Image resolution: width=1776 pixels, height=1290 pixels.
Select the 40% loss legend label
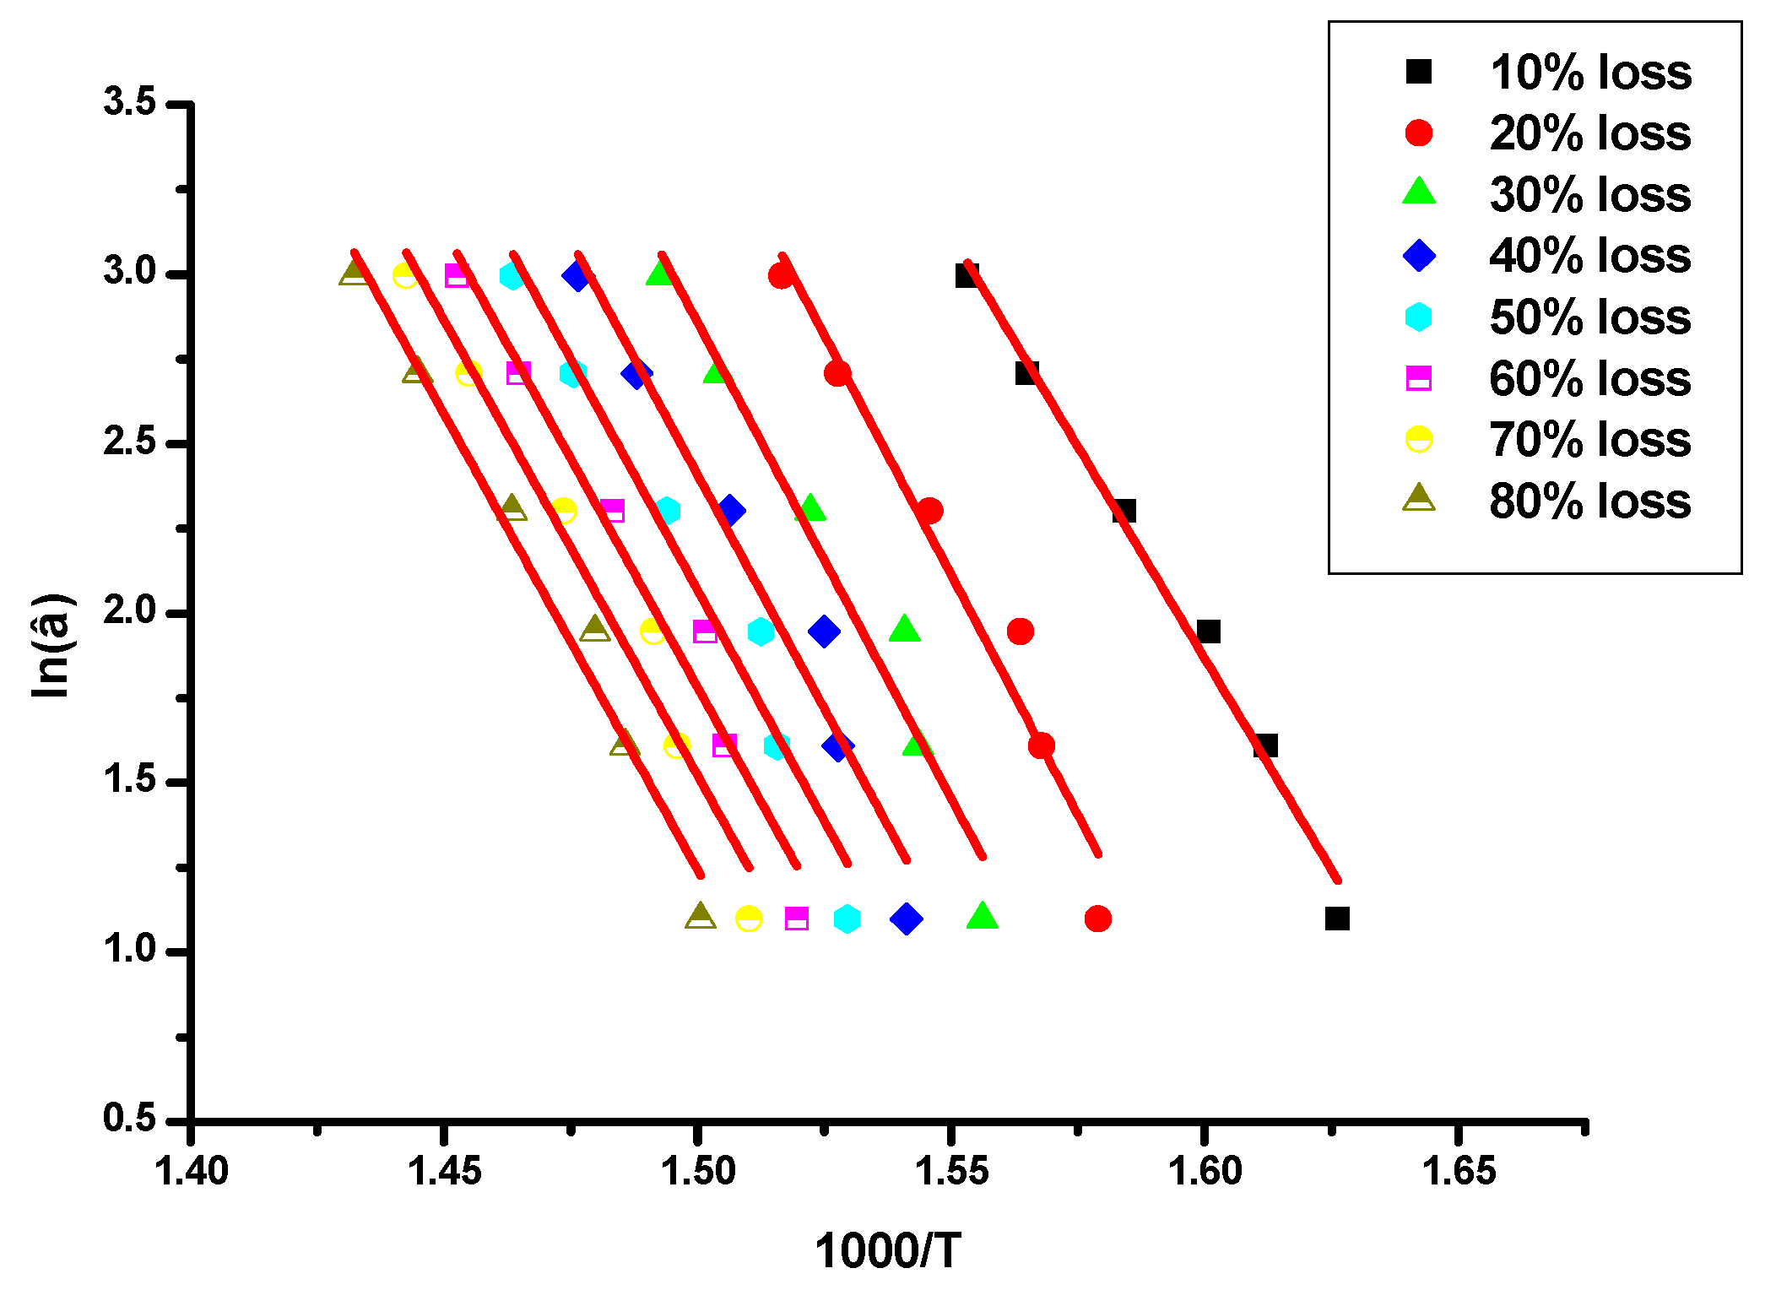1589,255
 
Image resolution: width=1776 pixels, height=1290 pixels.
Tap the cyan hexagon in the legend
1419,317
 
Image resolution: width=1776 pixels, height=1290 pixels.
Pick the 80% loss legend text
1589,501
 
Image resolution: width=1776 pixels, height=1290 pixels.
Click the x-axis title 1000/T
887,1250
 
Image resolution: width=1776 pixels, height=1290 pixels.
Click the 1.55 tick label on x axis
951,1171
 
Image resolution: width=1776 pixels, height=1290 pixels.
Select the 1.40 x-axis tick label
192,1171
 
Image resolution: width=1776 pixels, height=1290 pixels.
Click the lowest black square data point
1337,918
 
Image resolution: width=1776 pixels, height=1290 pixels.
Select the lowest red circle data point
1097,918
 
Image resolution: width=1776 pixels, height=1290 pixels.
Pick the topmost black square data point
967,275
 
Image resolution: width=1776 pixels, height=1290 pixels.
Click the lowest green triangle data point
982,916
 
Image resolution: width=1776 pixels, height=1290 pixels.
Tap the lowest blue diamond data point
906,918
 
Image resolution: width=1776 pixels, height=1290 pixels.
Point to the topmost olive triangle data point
355,273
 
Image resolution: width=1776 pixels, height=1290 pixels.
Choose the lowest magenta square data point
796,918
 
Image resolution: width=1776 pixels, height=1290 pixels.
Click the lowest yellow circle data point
749,918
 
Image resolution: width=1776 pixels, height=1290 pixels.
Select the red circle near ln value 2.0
1020,631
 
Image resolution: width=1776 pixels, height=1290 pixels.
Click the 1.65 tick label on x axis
1459,1171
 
